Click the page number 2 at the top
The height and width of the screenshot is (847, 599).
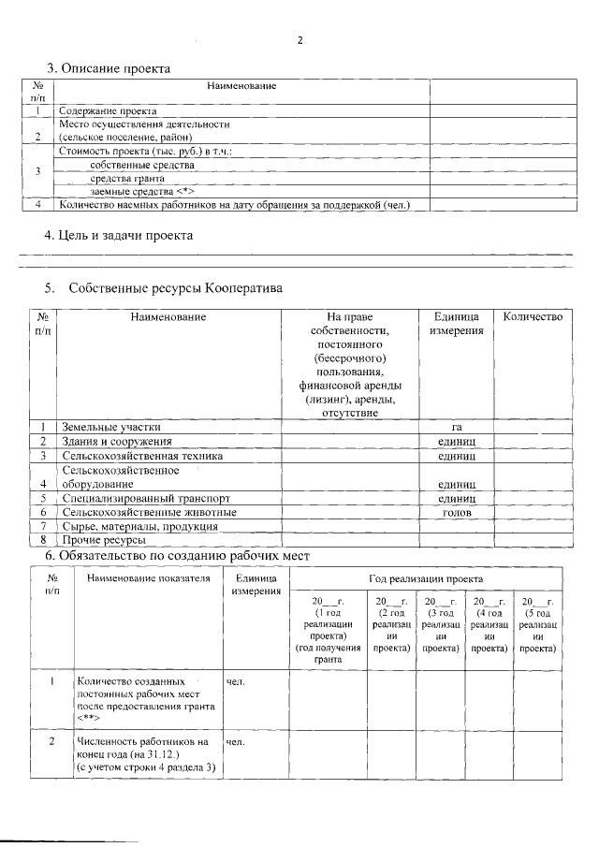[300, 40]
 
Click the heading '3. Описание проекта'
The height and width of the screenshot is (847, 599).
[109, 68]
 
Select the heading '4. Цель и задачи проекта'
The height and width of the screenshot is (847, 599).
[120, 235]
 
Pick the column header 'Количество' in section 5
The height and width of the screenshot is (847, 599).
[533, 317]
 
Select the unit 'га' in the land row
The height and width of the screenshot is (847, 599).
[456, 426]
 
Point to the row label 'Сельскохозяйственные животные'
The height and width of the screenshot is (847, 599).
[149, 512]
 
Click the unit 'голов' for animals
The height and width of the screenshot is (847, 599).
[456, 512]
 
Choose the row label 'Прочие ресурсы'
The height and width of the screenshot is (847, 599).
[104, 540]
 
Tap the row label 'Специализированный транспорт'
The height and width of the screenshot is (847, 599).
[145, 498]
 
